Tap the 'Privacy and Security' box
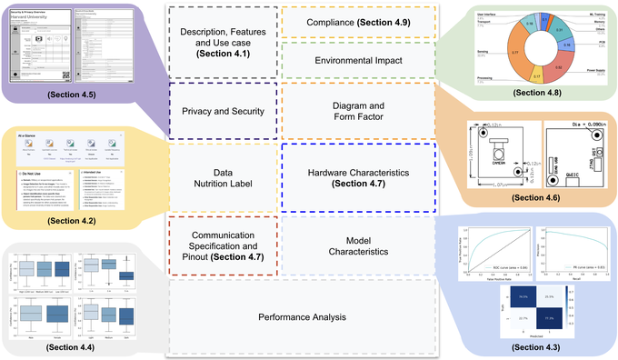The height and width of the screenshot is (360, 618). [x=223, y=112]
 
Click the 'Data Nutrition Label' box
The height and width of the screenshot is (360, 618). [x=223, y=176]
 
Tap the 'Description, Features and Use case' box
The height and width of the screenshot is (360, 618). [x=223, y=42]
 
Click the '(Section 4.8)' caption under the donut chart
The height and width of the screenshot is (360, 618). [x=537, y=93]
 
